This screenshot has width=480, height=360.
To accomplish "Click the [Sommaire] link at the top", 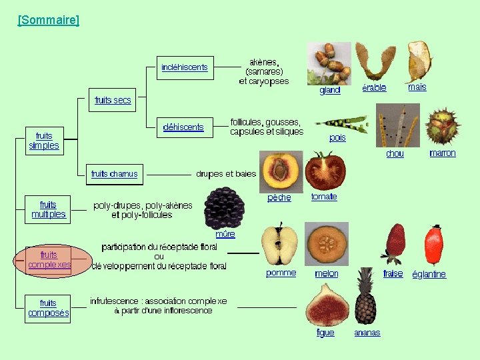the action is click(48, 20).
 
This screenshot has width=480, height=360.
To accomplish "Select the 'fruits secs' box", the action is click(113, 100).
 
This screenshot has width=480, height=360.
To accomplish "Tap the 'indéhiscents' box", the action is click(185, 67).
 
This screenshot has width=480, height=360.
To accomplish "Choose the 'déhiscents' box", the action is click(183, 127).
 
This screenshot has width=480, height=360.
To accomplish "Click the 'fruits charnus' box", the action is click(114, 174).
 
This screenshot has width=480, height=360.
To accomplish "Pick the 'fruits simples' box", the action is click(44, 141).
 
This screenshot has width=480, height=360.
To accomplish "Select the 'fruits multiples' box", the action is click(49, 209).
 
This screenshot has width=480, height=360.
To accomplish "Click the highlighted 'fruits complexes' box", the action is click(49, 259).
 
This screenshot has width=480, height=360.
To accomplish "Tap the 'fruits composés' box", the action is click(49, 308).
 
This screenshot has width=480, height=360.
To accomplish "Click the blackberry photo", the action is click(225, 208).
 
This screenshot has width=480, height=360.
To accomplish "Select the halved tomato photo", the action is click(325, 171).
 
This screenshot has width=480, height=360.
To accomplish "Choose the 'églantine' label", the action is click(429, 274).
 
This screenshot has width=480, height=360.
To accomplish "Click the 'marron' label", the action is click(443, 153).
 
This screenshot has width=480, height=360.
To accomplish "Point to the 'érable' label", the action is click(374, 88).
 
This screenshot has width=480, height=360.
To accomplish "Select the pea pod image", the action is click(341, 123).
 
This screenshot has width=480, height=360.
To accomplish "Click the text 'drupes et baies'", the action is click(226, 174).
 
